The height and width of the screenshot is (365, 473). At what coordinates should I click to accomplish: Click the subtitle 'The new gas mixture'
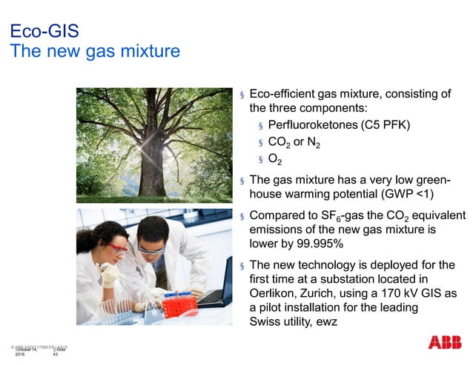coord(93,52)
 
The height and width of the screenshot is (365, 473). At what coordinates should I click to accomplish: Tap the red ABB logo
coord(443,343)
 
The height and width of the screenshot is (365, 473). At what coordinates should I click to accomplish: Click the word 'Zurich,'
coord(329,293)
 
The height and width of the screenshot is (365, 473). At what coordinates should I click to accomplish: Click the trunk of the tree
coord(153,167)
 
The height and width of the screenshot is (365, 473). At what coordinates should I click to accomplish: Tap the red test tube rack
coord(180,304)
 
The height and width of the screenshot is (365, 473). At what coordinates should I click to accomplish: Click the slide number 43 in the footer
coord(55,356)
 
